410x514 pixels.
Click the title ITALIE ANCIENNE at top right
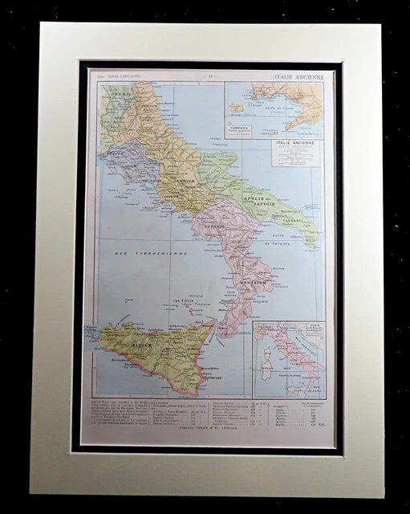pyautogui.click(x=297, y=75)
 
